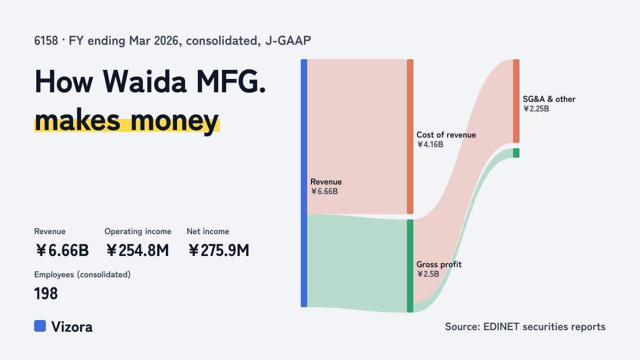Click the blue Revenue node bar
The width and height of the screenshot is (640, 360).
point(304,183)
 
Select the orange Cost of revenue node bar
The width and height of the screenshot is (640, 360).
point(410,137)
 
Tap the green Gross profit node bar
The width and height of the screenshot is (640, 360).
point(410,266)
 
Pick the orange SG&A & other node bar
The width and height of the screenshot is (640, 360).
point(516,101)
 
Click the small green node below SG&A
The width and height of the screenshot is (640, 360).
point(516,153)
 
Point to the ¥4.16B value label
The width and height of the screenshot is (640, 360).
point(430,145)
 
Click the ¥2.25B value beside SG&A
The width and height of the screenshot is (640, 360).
point(536,109)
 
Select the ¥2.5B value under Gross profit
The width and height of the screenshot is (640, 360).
point(428,274)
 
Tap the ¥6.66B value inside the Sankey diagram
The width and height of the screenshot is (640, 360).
point(324,191)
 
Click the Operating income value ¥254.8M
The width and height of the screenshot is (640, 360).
point(138,251)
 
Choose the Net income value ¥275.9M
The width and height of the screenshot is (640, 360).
point(219,251)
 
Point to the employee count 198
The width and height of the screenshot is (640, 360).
point(46,294)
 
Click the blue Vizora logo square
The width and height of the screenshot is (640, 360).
point(40,326)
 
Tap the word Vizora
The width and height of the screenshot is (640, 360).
point(72,327)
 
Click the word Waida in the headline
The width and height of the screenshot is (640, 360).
point(145,82)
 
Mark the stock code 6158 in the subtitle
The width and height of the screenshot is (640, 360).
point(46,41)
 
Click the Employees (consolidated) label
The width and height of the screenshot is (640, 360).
point(82,275)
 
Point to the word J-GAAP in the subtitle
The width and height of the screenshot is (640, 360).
point(288,41)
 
